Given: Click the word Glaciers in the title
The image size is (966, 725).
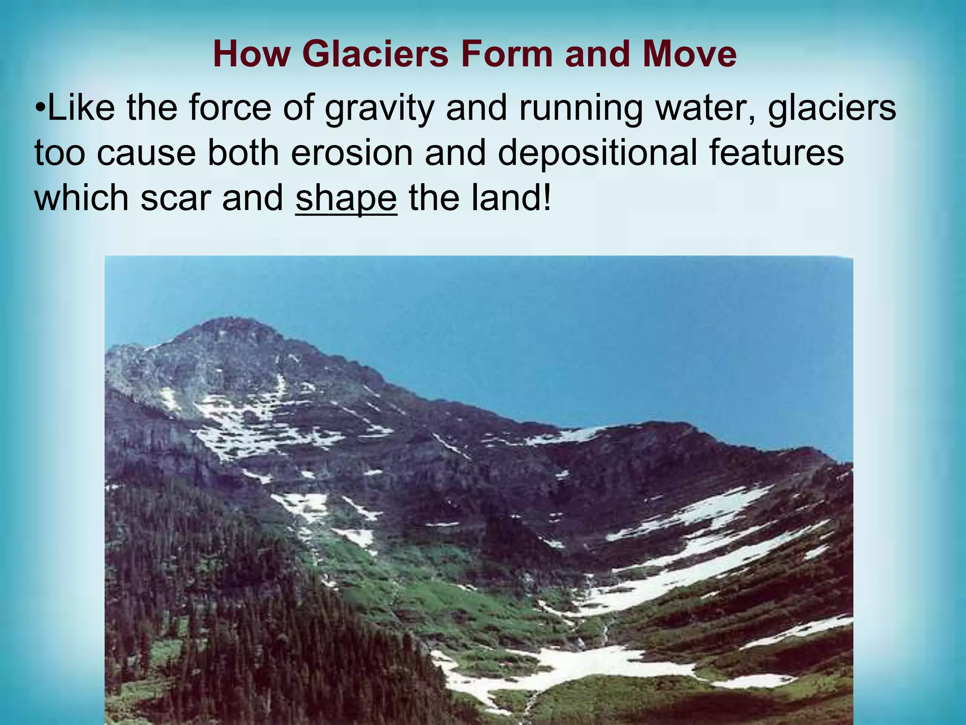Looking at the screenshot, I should point(378,54).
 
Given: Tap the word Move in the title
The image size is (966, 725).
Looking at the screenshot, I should point(689,54).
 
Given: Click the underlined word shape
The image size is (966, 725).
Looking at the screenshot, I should point(346,198).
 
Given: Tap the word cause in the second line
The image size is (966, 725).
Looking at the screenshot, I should point(146,153).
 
